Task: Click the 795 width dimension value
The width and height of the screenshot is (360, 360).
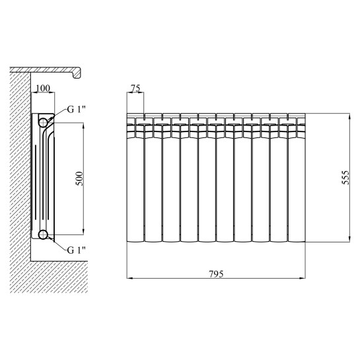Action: [x=216, y=274]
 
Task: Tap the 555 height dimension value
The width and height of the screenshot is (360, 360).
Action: [x=345, y=177]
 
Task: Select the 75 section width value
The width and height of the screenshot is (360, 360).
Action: [x=135, y=88]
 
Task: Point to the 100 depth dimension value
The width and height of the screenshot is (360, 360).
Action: [x=43, y=88]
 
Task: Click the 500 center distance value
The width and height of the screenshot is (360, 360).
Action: [x=79, y=178]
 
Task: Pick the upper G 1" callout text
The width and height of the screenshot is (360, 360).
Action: [x=76, y=110]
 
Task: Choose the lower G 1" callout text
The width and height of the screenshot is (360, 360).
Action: [x=76, y=250]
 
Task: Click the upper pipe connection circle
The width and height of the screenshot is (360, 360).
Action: [x=43, y=123]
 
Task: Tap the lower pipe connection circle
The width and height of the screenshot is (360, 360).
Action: [x=43, y=234]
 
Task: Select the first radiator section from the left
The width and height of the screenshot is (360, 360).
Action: [x=135, y=178]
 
